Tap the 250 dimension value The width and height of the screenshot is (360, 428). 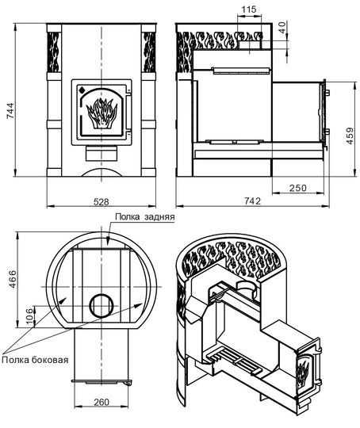click(297, 188)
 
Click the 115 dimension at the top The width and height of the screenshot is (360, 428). click(248, 10)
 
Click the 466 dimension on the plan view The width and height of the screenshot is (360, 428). click(9, 283)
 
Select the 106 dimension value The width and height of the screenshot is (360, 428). click(29, 316)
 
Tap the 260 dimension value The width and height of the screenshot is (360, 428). click(101, 402)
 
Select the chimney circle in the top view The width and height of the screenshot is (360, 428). click(101, 304)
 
